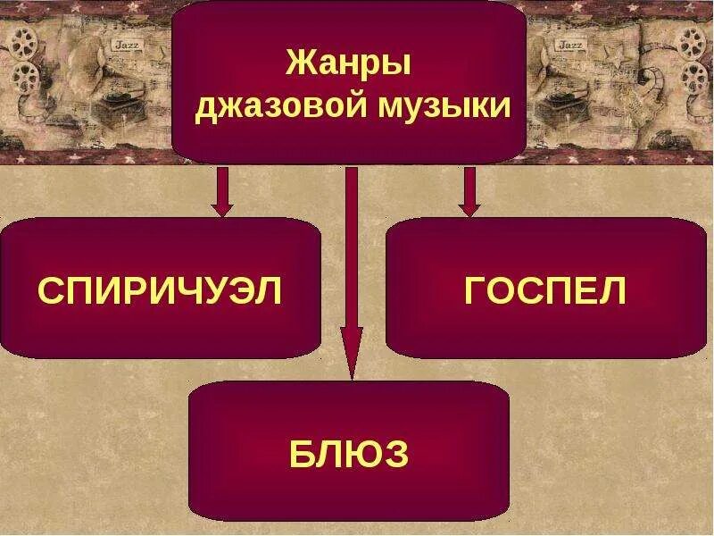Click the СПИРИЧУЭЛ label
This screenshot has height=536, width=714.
click(161, 291)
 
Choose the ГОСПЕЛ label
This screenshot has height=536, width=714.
click(546, 291)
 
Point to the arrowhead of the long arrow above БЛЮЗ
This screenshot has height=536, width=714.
click(352, 353)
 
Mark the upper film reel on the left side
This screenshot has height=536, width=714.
click(27, 40)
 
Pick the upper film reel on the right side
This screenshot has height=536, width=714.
click(692, 40)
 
